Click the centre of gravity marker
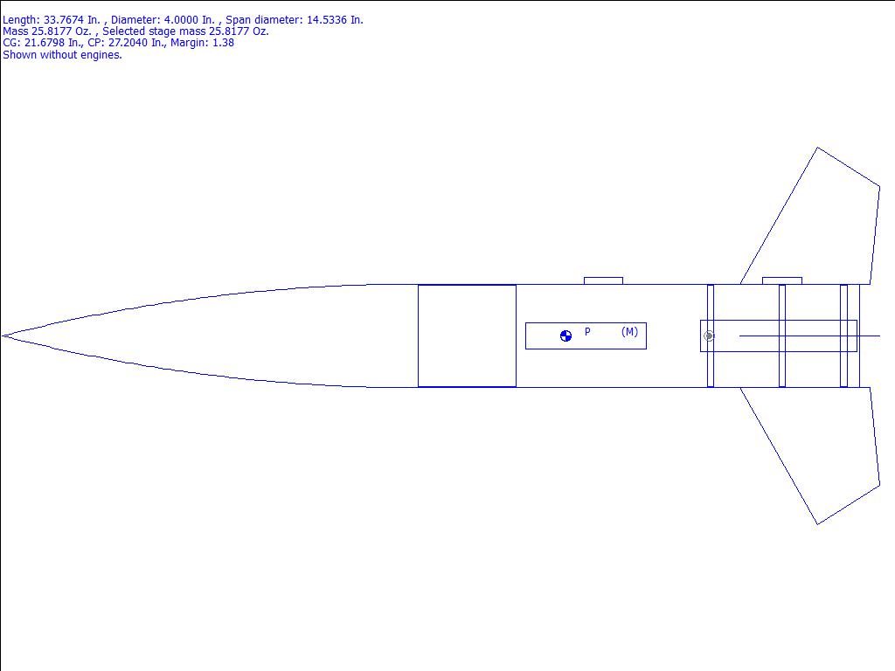(565, 336)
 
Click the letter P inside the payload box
(587, 331)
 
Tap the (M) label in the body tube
(629, 331)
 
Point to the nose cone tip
(3, 336)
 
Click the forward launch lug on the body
(603, 280)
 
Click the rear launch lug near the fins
(782, 280)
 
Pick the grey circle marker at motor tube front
(708, 336)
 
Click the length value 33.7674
(63, 20)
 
